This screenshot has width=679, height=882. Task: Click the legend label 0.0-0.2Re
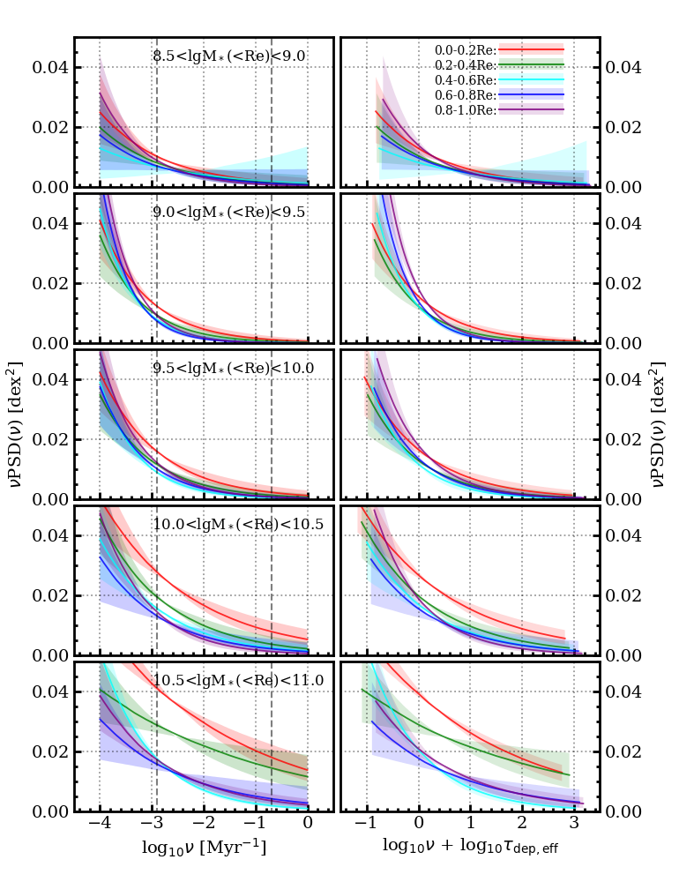[466, 50]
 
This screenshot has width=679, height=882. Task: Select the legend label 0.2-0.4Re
[466, 65]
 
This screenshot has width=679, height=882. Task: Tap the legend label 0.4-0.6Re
[466, 80]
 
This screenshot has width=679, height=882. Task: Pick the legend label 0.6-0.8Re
[466, 95]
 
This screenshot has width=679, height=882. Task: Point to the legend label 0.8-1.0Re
[466, 110]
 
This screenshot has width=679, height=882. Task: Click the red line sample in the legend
[532, 50]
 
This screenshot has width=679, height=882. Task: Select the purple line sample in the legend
[532, 109]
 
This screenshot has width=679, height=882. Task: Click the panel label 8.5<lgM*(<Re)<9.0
[229, 56]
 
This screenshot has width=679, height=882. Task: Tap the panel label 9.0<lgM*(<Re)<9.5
[229, 212]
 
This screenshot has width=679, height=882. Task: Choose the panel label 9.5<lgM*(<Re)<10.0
[234, 368]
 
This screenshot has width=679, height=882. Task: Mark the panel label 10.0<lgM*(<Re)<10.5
[238, 524]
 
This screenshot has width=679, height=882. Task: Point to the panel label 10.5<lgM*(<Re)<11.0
[238, 680]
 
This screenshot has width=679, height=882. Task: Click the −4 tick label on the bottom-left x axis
[99, 822]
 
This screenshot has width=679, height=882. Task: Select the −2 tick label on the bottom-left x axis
[203, 822]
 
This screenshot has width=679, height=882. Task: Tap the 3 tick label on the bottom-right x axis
[574, 822]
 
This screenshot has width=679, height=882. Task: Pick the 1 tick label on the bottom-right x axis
[471, 822]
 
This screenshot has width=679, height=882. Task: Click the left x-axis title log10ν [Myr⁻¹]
[204, 847]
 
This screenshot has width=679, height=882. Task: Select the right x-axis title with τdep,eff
[470, 846]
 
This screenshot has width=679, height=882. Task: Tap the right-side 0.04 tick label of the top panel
[623, 68]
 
